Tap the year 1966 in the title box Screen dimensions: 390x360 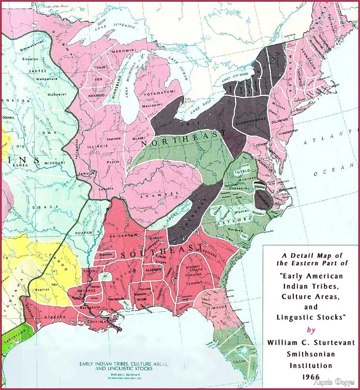(x=310, y=376)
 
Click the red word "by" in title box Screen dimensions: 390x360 (x=310, y=330)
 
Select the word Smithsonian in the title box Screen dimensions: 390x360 (x=310, y=354)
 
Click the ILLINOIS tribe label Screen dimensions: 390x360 (x=97, y=146)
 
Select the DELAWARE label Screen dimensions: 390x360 (x=280, y=119)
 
